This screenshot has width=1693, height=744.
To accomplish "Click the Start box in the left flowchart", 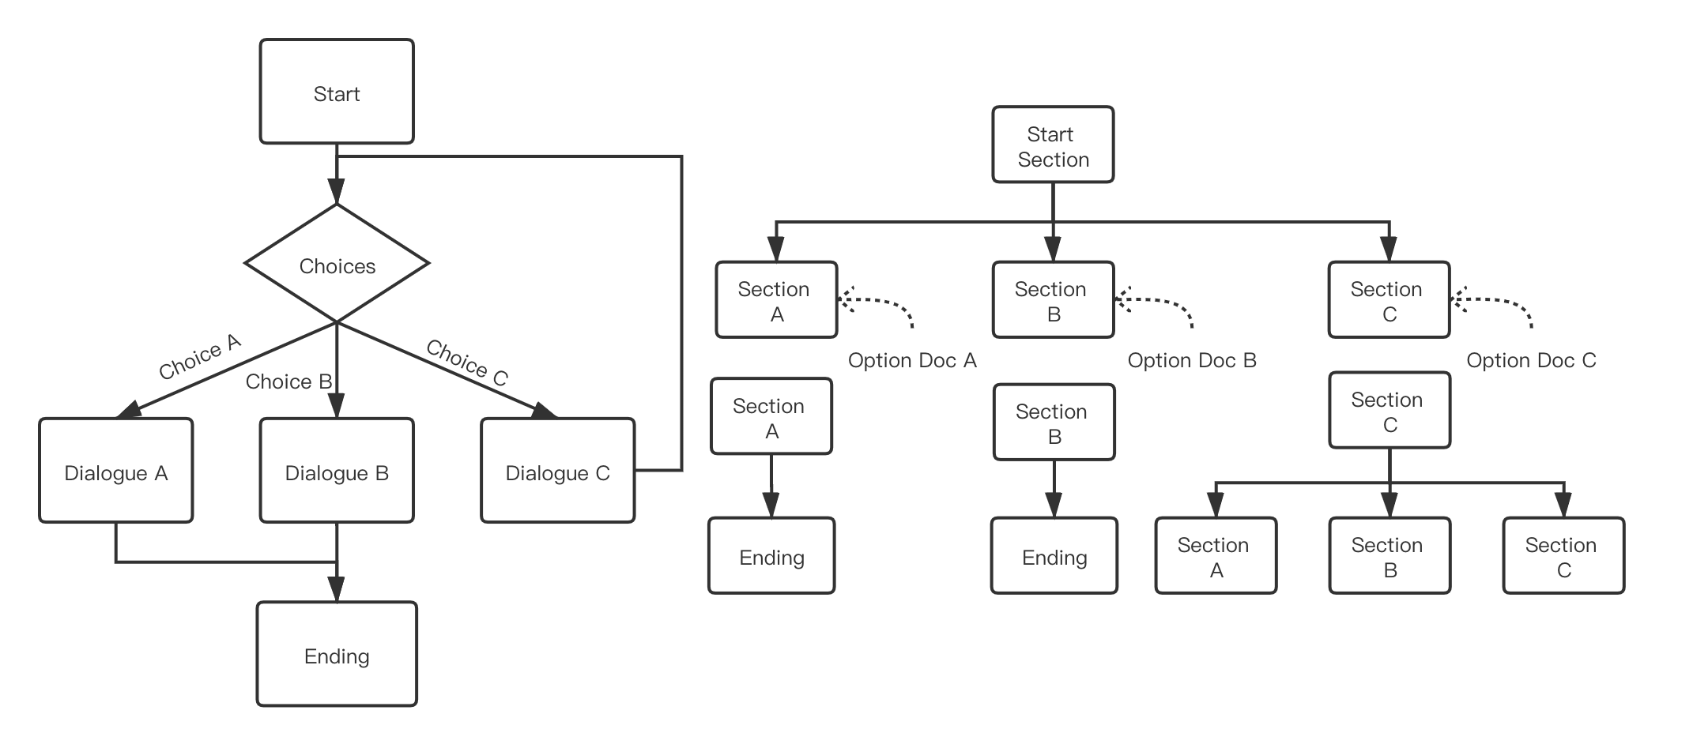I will [337, 92].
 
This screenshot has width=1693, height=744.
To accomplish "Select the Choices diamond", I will [337, 264].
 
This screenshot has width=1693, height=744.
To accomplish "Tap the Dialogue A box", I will [116, 471].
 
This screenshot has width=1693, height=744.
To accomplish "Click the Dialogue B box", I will [337, 471].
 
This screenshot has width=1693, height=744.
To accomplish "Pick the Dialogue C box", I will [557, 471].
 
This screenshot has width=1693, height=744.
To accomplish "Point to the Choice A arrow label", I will [199, 357].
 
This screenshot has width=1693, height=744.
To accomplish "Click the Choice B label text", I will [288, 381].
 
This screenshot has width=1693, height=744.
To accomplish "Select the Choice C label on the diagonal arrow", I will [466, 363].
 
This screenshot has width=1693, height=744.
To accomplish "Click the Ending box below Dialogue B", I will [337, 654].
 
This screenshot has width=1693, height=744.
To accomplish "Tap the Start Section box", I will [1053, 145].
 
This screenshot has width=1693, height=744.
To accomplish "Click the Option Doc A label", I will [912, 360].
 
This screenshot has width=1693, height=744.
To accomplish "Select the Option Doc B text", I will [1191, 360].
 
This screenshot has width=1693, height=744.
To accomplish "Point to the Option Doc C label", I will [1531, 360].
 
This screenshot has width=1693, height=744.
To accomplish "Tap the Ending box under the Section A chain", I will [771, 556].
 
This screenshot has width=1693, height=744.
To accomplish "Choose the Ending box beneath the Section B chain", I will [1054, 556].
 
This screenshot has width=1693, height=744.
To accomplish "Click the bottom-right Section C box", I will [1563, 556].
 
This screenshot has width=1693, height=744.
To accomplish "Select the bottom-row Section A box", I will [1216, 556].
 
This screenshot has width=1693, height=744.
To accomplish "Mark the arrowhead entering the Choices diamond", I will [337, 193].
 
